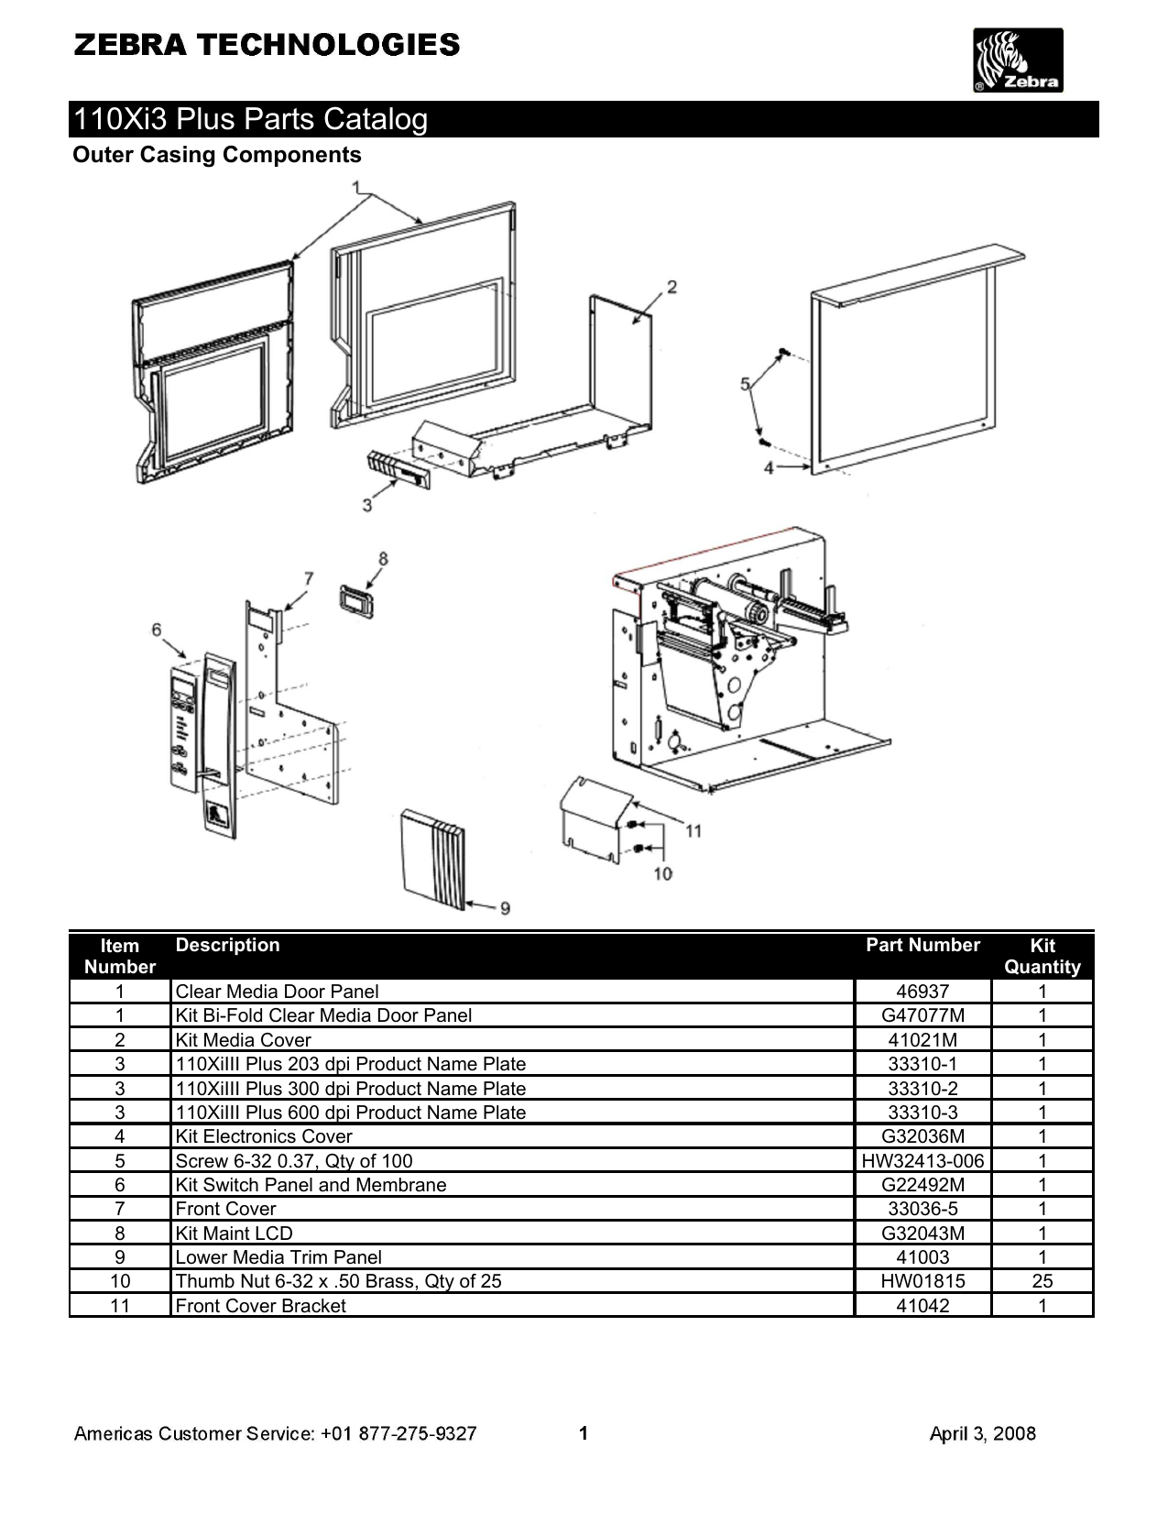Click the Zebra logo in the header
point(1018,60)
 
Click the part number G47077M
point(922,1015)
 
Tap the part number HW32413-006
point(922,1161)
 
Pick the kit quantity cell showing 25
point(1042,1281)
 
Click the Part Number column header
point(922,946)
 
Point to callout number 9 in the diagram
point(505,908)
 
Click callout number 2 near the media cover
point(671,287)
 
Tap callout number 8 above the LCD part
point(383,558)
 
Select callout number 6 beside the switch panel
point(157,630)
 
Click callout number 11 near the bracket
point(693,830)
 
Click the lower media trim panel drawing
point(433,859)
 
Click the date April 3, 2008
point(982,1434)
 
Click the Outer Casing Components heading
point(217,155)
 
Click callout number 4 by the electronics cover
point(770,467)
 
